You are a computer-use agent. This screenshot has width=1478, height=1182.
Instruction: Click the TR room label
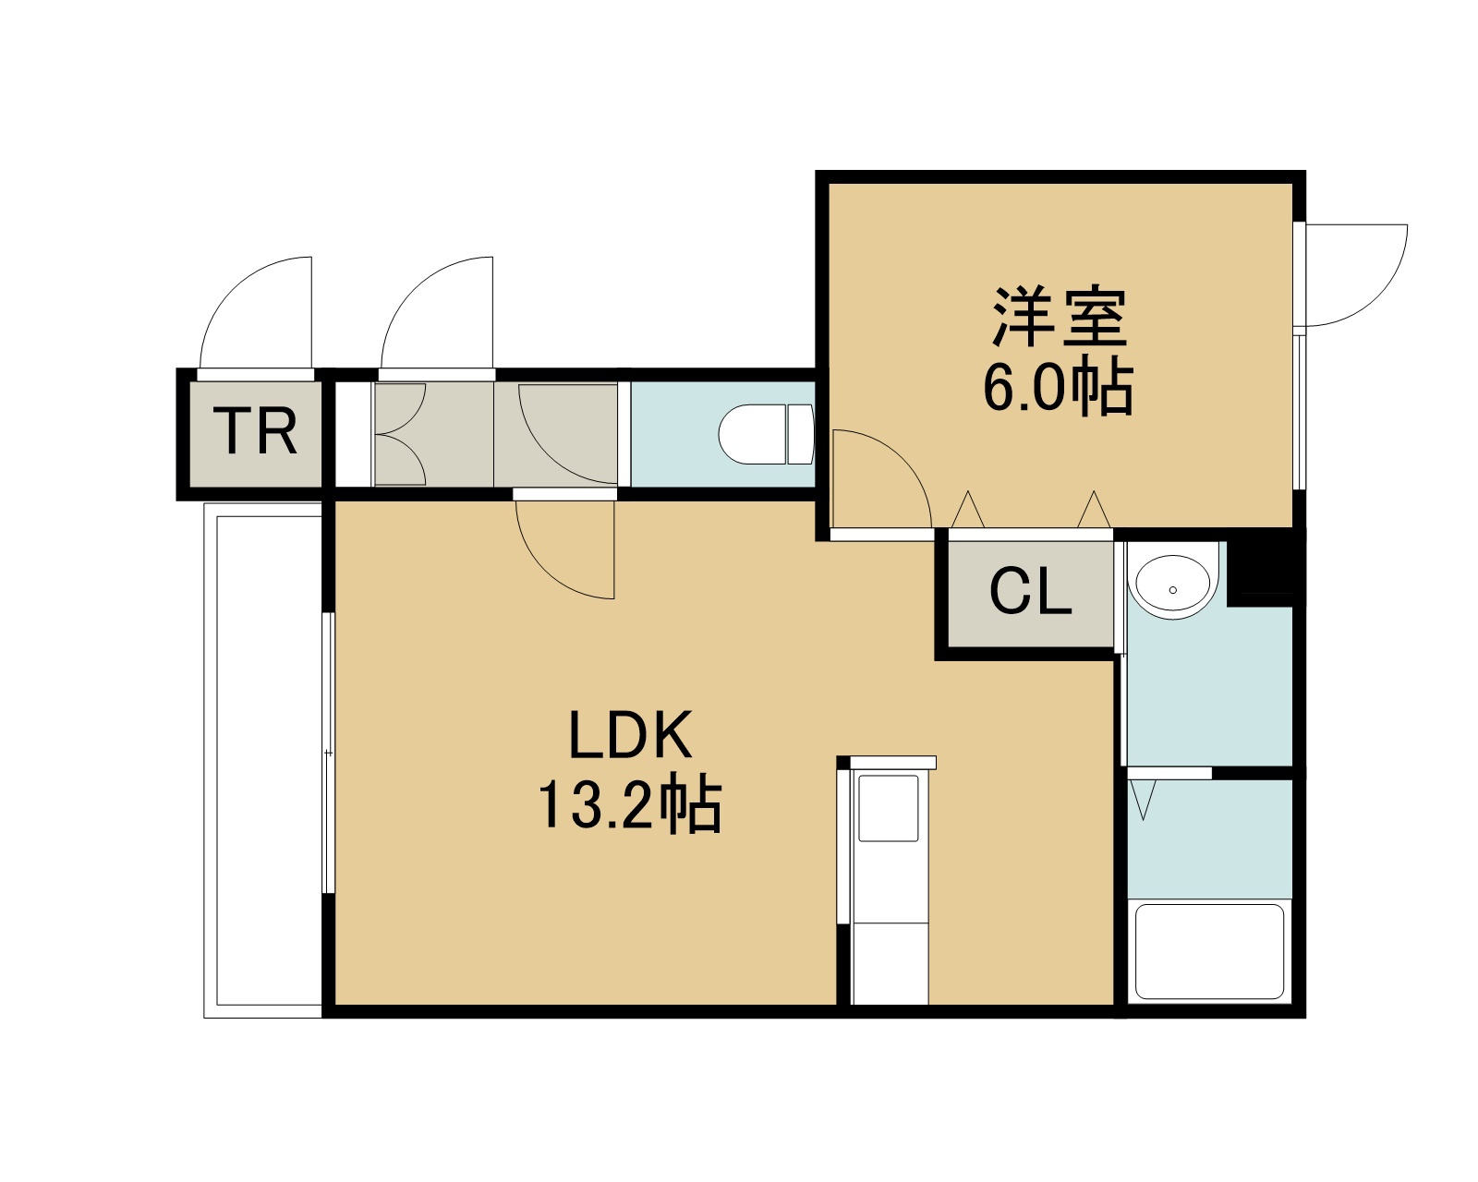click(x=255, y=431)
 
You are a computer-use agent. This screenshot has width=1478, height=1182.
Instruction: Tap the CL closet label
click(x=1030, y=593)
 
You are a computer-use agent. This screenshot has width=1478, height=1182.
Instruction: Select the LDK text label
click(x=630, y=735)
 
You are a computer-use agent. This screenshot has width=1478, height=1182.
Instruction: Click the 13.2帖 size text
click(x=629, y=802)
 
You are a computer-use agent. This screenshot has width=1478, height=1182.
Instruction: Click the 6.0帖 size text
click(x=1058, y=386)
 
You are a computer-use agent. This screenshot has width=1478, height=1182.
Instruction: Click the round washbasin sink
click(x=1172, y=583)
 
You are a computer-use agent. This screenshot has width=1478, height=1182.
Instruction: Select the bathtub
click(x=1209, y=952)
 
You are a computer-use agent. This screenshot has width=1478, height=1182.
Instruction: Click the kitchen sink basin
click(x=888, y=809)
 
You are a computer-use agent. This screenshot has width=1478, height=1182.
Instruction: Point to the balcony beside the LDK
click(x=263, y=760)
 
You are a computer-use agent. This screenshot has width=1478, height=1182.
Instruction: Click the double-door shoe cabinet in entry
click(x=399, y=434)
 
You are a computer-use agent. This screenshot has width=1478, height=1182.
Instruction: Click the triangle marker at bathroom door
click(x=1143, y=800)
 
